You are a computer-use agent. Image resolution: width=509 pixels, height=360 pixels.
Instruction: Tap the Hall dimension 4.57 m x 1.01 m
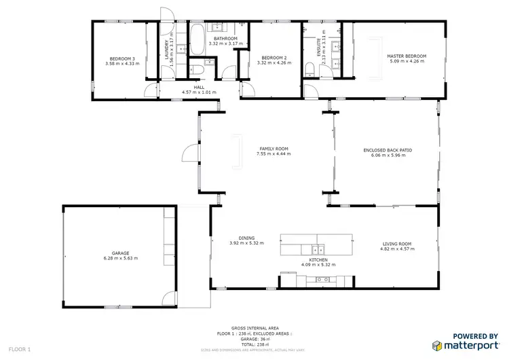click(x=199, y=92)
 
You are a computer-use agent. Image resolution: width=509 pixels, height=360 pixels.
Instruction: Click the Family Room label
click(x=274, y=149)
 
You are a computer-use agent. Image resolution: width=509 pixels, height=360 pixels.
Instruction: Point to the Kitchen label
click(x=318, y=259)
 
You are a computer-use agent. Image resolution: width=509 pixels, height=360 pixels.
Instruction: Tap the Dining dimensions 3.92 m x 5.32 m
click(x=246, y=242)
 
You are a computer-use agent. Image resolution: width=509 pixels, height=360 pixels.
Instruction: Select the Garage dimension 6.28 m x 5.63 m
click(x=120, y=258)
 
